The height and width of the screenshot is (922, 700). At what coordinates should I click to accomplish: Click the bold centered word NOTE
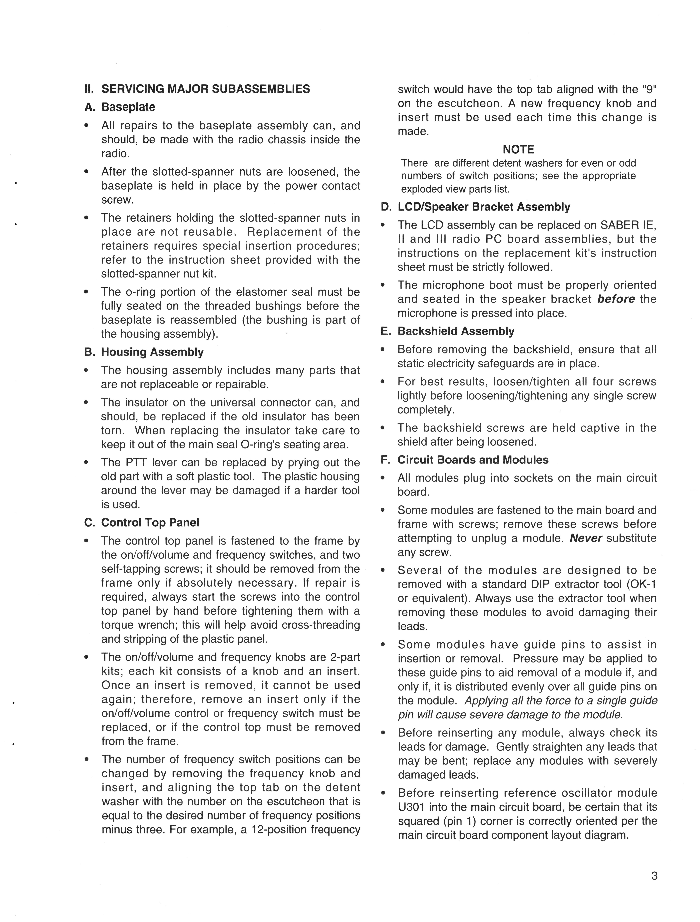[x=518, y=149]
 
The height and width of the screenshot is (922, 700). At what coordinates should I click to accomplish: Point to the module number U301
[x=411, y=807]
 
